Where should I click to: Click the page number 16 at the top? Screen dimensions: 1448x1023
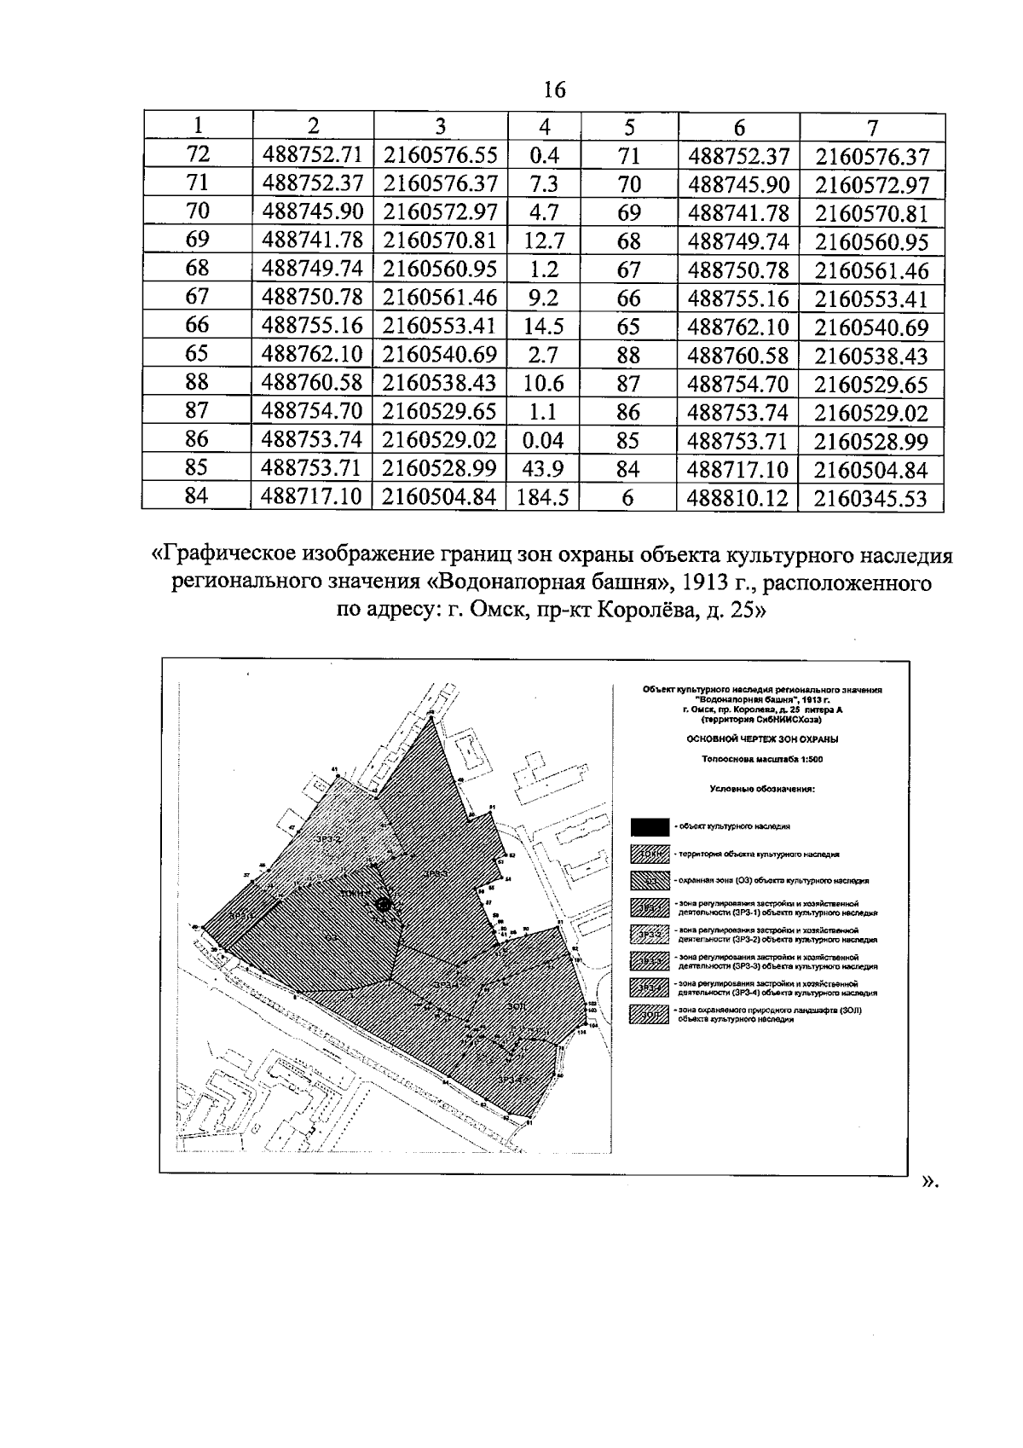click(x=554, y=89)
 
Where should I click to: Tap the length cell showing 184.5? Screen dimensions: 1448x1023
click(x=543, y=497)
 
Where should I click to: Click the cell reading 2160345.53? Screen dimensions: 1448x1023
click(x=870, y=497)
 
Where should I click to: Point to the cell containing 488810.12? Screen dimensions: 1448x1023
click(x=737, y=497)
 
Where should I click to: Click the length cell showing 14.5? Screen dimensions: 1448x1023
click(x=543, y=327)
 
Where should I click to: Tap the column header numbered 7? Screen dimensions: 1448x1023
click(x=871, y=126)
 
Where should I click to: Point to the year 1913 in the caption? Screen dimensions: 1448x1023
click(x=705, y=584)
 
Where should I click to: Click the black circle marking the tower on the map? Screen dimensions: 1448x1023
click(x=384, y=904)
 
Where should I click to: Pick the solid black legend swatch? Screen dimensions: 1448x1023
click(x=650, y=825)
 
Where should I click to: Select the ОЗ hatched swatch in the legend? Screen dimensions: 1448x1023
click(x=650, y=879)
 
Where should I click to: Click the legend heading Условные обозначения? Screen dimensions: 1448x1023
click(x=762, y=789)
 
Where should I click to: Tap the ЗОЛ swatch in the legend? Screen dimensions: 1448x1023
click(x=650, y=1015)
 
